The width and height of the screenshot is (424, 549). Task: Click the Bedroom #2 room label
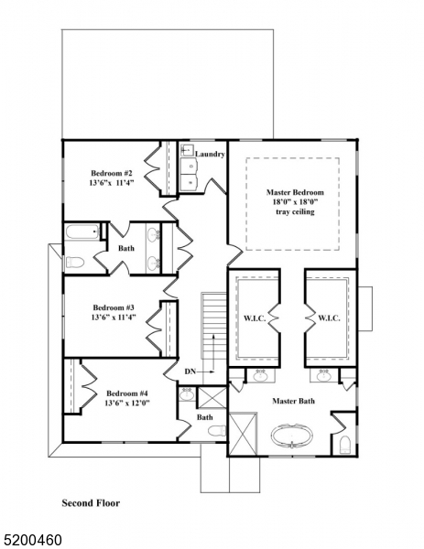point(112,173)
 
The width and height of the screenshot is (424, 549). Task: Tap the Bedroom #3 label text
point(114,307)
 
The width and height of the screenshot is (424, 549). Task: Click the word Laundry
point(210,155)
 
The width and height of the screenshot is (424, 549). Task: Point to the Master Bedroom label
point(295,193)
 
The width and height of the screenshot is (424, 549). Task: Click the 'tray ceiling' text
point(295,211)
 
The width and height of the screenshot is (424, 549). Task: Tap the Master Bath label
point(294,401)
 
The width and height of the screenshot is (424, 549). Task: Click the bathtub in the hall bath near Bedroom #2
point(81,232)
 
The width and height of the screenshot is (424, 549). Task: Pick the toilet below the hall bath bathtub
point(75,263)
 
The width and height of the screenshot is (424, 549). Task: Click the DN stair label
point(190,371)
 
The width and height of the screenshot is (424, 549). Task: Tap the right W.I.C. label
point(329,318)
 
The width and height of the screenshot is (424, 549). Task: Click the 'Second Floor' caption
point(90,502)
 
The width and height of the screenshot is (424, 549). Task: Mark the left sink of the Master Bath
point(260,375)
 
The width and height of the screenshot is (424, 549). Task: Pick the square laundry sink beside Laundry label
point(188,164)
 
